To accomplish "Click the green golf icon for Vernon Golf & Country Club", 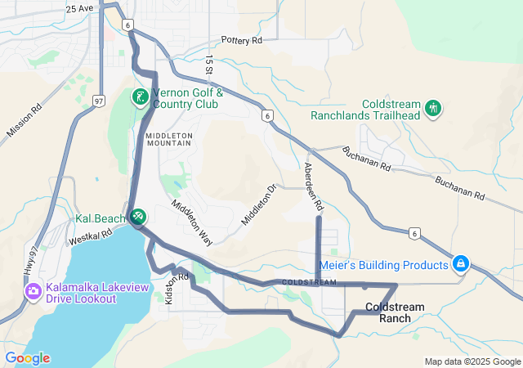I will click(140, 97).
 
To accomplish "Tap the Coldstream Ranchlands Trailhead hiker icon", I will click(433, 107).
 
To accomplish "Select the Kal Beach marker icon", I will click(138, 217).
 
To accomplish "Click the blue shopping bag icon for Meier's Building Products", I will click(461, 264).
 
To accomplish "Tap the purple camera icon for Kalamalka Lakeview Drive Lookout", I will click(34, 291).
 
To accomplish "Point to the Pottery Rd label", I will click(242, 40).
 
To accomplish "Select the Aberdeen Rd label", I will click(313, 184).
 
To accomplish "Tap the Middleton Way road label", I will click(191, 222).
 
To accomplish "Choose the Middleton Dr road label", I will click(260, 205).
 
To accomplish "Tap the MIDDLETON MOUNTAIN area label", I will click(169, 138).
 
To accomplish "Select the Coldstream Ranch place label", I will click(395, 312).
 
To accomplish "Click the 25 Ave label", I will click(80, 8).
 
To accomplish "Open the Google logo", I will click(27, 358).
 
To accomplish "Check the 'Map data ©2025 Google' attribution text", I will click(472, 361).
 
